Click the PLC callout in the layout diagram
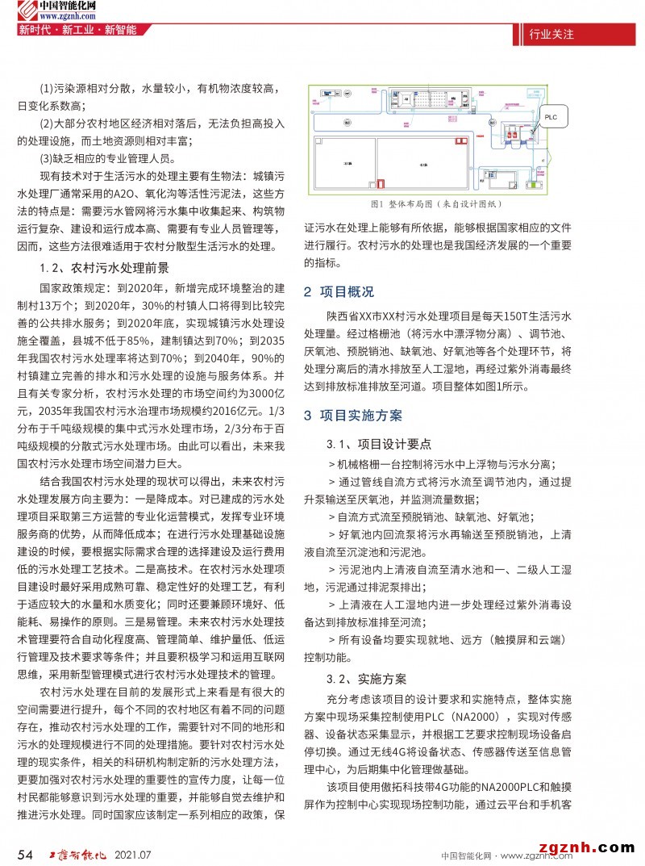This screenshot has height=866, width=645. coord(550,117)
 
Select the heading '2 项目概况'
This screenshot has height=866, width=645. coord(339,291)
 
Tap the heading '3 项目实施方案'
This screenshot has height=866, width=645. coord(352,416)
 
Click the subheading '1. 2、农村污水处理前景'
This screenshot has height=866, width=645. coord(104,268)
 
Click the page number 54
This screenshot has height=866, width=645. coord(25,854)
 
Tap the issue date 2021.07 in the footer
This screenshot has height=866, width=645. coord(134,854)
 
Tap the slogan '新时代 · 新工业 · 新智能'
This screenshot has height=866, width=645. coord(77,31)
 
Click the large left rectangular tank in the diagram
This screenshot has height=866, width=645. coord(349,165)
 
